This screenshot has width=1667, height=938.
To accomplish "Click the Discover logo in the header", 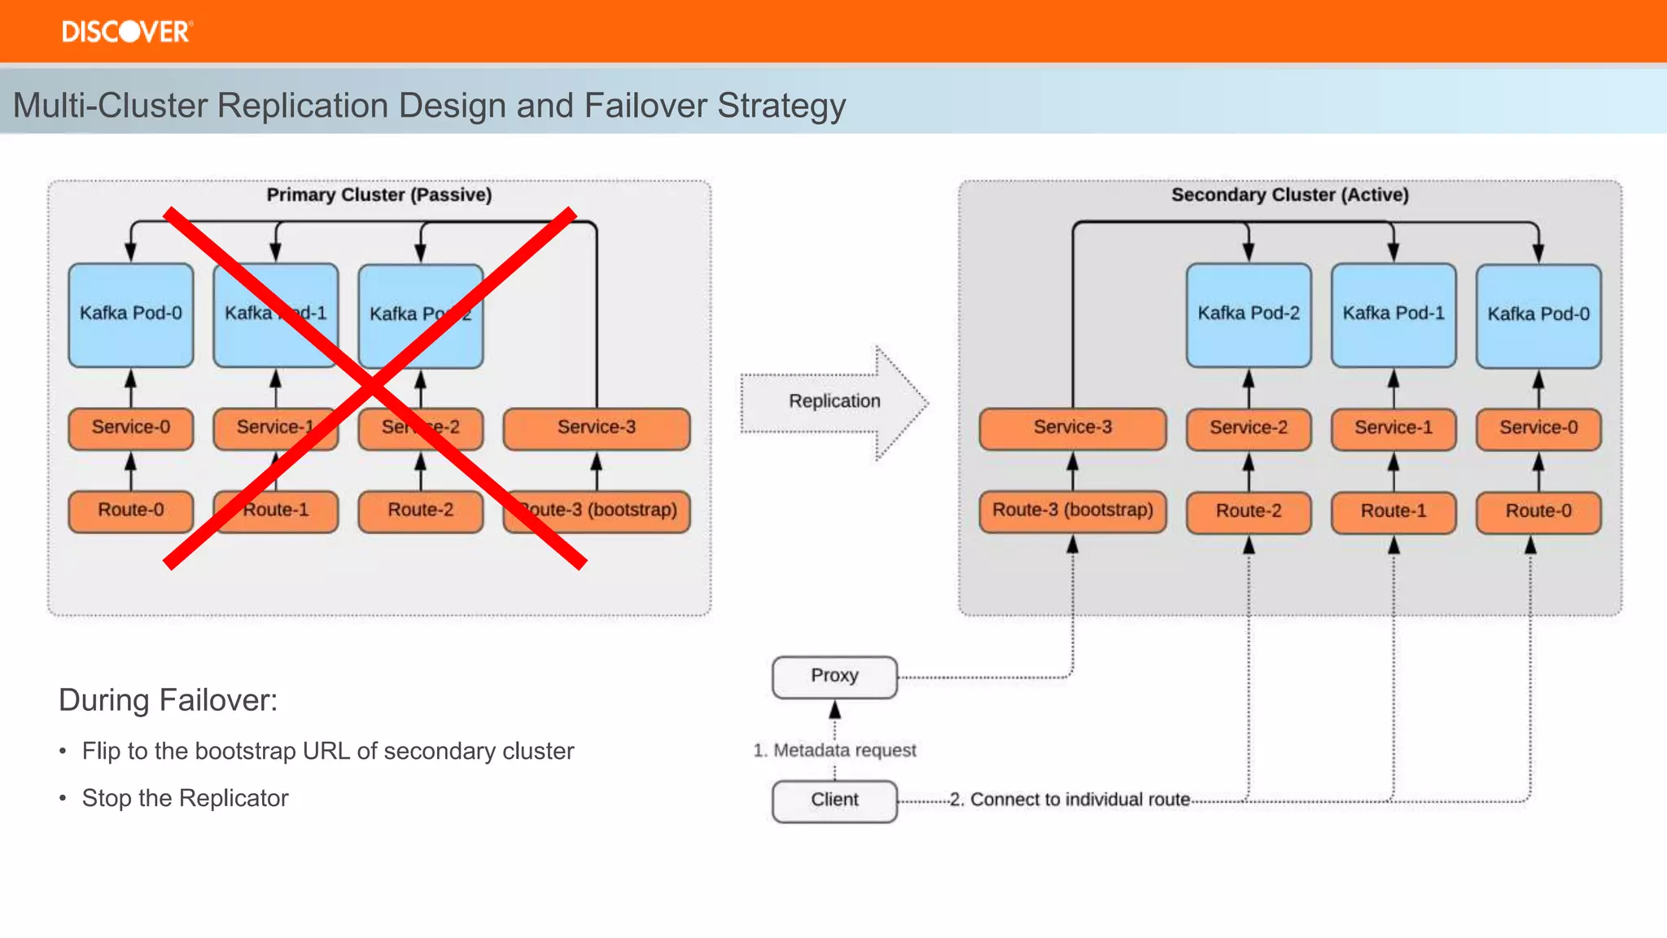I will pos(127,32).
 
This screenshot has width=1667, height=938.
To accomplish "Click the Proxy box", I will pos(834,677).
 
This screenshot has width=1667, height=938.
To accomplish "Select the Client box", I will pos(834,800).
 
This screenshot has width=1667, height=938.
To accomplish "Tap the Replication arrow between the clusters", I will pos(834,401).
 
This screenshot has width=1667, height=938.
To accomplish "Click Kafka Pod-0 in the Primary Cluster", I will pos(131,314).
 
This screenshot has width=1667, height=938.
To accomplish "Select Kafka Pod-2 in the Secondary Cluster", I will pos(1248,314).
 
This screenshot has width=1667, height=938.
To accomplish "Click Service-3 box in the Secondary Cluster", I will pos(1072,428).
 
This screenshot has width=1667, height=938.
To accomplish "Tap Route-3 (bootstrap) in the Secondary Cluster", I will pos(1072,511).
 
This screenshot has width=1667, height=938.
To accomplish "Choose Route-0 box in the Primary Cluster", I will pos(131,511).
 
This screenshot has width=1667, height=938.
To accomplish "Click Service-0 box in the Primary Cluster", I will pos(131,428).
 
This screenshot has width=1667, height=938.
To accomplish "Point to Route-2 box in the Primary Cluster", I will pos(420,511).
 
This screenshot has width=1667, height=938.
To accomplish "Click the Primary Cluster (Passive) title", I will pos(379,195).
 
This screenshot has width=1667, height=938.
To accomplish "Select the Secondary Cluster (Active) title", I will pos(1289,195).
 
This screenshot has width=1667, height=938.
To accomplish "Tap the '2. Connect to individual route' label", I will pos(1071,800).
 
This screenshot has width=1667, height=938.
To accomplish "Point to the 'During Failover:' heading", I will pos(168,700).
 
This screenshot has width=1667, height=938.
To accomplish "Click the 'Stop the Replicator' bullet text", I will pos(185,798).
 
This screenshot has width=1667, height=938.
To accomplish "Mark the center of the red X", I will pos(374,388).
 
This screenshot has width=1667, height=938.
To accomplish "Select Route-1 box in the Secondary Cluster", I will pos(1393,511).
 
